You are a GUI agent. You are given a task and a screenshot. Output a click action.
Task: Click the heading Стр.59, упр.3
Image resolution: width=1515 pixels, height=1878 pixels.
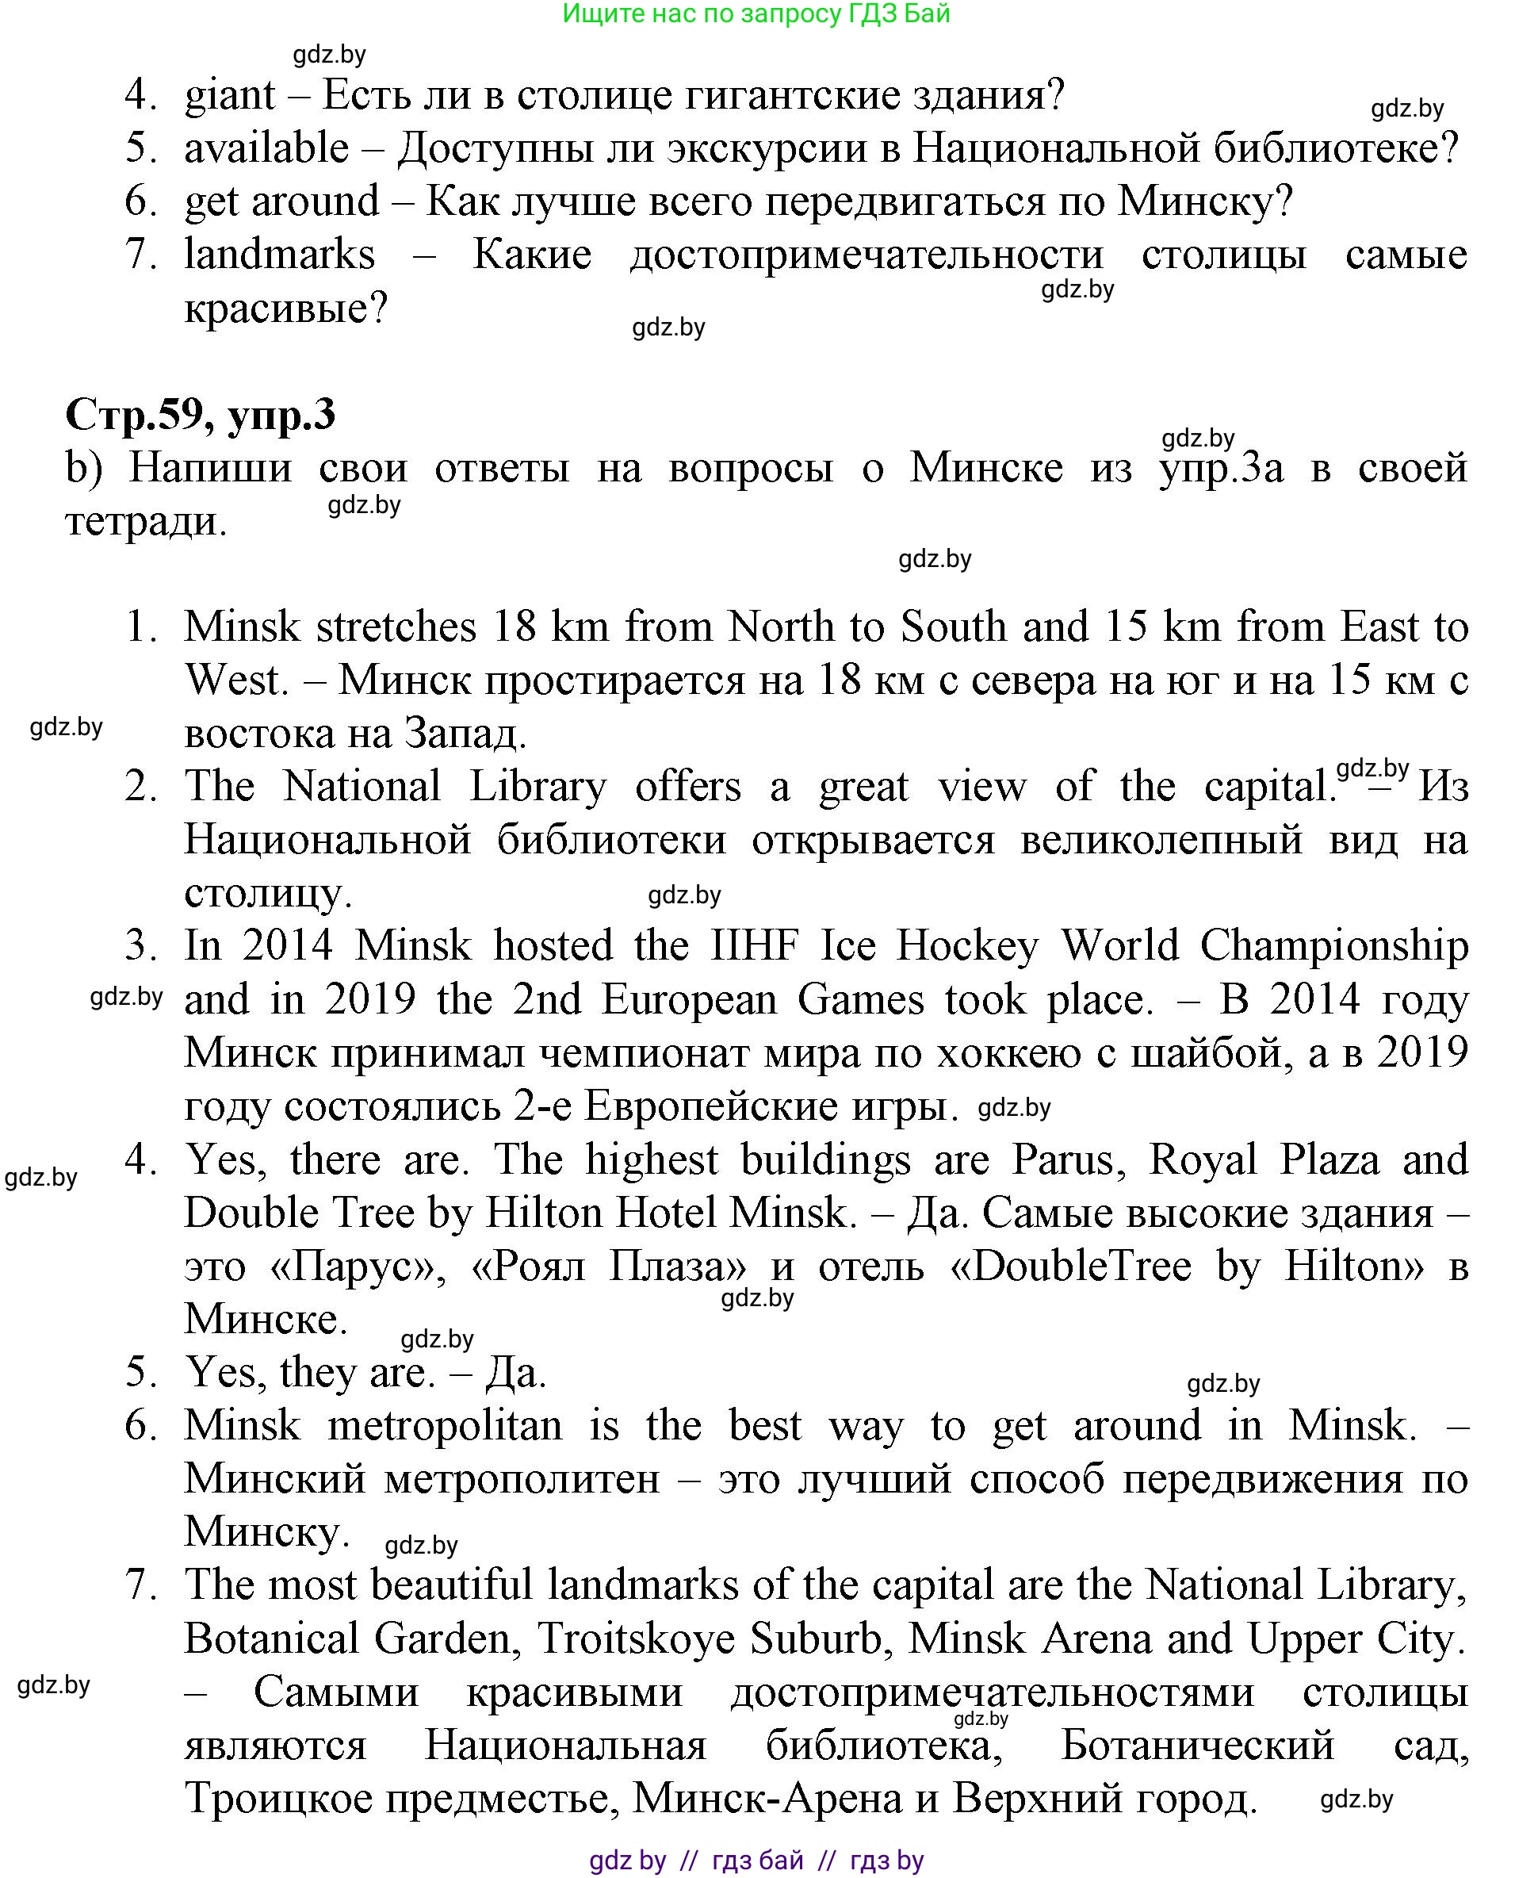(x=200, y=415)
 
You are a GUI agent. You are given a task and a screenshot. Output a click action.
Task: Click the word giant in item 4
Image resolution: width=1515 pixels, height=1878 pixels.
(x=230, y=95)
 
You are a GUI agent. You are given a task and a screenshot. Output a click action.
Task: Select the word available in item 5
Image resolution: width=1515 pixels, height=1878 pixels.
(x=266, y=148)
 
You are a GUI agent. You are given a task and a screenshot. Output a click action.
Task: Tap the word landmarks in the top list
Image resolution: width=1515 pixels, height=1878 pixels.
(x=279, y=255)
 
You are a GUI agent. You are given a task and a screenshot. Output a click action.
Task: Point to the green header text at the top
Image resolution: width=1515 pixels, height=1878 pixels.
(x=756, y=14)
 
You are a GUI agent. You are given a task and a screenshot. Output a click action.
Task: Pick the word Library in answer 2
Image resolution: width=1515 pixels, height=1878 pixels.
(x=538, y=787)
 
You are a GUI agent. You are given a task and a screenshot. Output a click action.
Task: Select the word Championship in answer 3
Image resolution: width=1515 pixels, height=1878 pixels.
(x=1333, y=946)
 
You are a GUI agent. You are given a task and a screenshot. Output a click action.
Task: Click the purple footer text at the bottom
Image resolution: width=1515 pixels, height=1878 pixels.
(x=756, y=1861)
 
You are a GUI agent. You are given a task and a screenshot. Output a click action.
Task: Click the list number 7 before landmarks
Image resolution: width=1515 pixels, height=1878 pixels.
(x=140, y=255)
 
